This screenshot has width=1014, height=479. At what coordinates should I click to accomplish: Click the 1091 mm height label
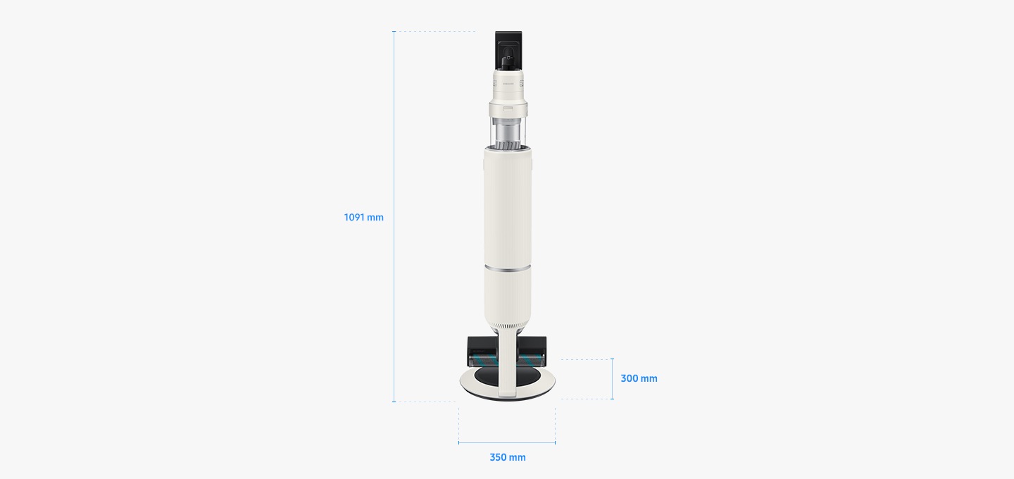click(363, 218)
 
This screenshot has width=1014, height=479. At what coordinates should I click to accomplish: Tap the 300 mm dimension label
click(639, 378)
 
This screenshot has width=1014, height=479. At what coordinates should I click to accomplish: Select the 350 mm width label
click(508, 457)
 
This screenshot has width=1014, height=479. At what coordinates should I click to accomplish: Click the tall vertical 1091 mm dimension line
click(394, 216)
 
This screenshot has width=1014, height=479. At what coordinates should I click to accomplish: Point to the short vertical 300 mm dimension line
click(612, 379)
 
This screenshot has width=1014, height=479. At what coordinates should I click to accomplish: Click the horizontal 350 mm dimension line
click(507, 443)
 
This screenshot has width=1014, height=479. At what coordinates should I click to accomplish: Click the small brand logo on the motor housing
click(508, 83)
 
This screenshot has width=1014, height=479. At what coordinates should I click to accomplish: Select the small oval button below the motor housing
click(508, 109)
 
